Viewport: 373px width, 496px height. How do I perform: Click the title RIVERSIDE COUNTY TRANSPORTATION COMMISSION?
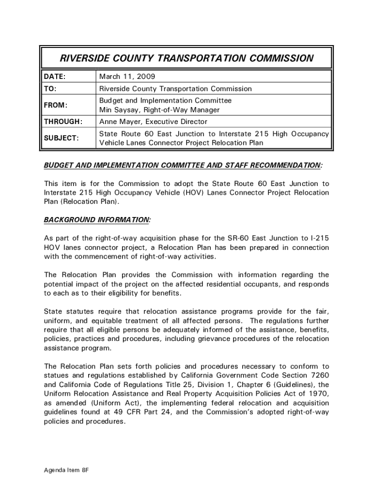(186, 59)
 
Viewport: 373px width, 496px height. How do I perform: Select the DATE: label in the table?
(55, 77)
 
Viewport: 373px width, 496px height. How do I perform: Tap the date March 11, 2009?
(127, 77)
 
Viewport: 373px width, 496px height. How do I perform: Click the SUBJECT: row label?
(61, 138)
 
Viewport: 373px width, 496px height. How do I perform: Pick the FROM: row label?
(56, 105)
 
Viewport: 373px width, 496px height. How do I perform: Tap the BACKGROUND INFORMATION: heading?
(97, 220)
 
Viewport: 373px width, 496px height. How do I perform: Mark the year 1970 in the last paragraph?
(319, 394)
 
